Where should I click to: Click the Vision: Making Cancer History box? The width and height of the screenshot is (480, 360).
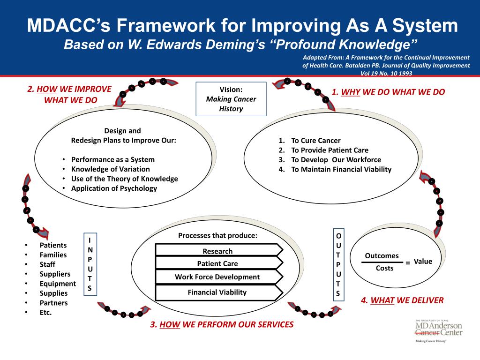tap(231, 99)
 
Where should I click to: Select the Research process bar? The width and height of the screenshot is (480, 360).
tap(217, 251)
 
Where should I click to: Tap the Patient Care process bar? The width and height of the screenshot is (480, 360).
tap(217, 263)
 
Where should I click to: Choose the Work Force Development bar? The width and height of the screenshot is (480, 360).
tap(217, 277)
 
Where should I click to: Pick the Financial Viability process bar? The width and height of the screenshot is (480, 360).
tap(217, 292)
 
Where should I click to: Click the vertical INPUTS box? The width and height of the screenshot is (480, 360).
tap(90, 263)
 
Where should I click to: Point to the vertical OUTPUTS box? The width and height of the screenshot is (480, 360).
tap(338, 264)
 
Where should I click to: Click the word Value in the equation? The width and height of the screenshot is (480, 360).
tap(423, 262)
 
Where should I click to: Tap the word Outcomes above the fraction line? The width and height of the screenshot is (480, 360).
tap(382, 256)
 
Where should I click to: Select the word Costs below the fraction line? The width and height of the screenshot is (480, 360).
tap(385, 268)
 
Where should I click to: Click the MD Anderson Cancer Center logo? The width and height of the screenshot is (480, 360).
tap(438, 330)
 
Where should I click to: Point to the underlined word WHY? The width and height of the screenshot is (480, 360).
tap(350, 92)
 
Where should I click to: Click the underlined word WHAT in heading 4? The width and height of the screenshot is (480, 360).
tap(382, 300)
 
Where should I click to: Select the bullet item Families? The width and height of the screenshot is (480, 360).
tap(53, 255)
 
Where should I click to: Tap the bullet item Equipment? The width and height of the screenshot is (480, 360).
tap(58, 284)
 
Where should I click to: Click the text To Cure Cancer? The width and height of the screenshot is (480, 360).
tap(315, 141)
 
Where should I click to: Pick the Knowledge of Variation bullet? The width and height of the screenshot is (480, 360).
tap(111, 169)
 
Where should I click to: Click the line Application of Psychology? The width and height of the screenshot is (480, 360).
tap(114, 188)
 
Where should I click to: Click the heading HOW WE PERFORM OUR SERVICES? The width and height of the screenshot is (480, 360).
tap(226, 324)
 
